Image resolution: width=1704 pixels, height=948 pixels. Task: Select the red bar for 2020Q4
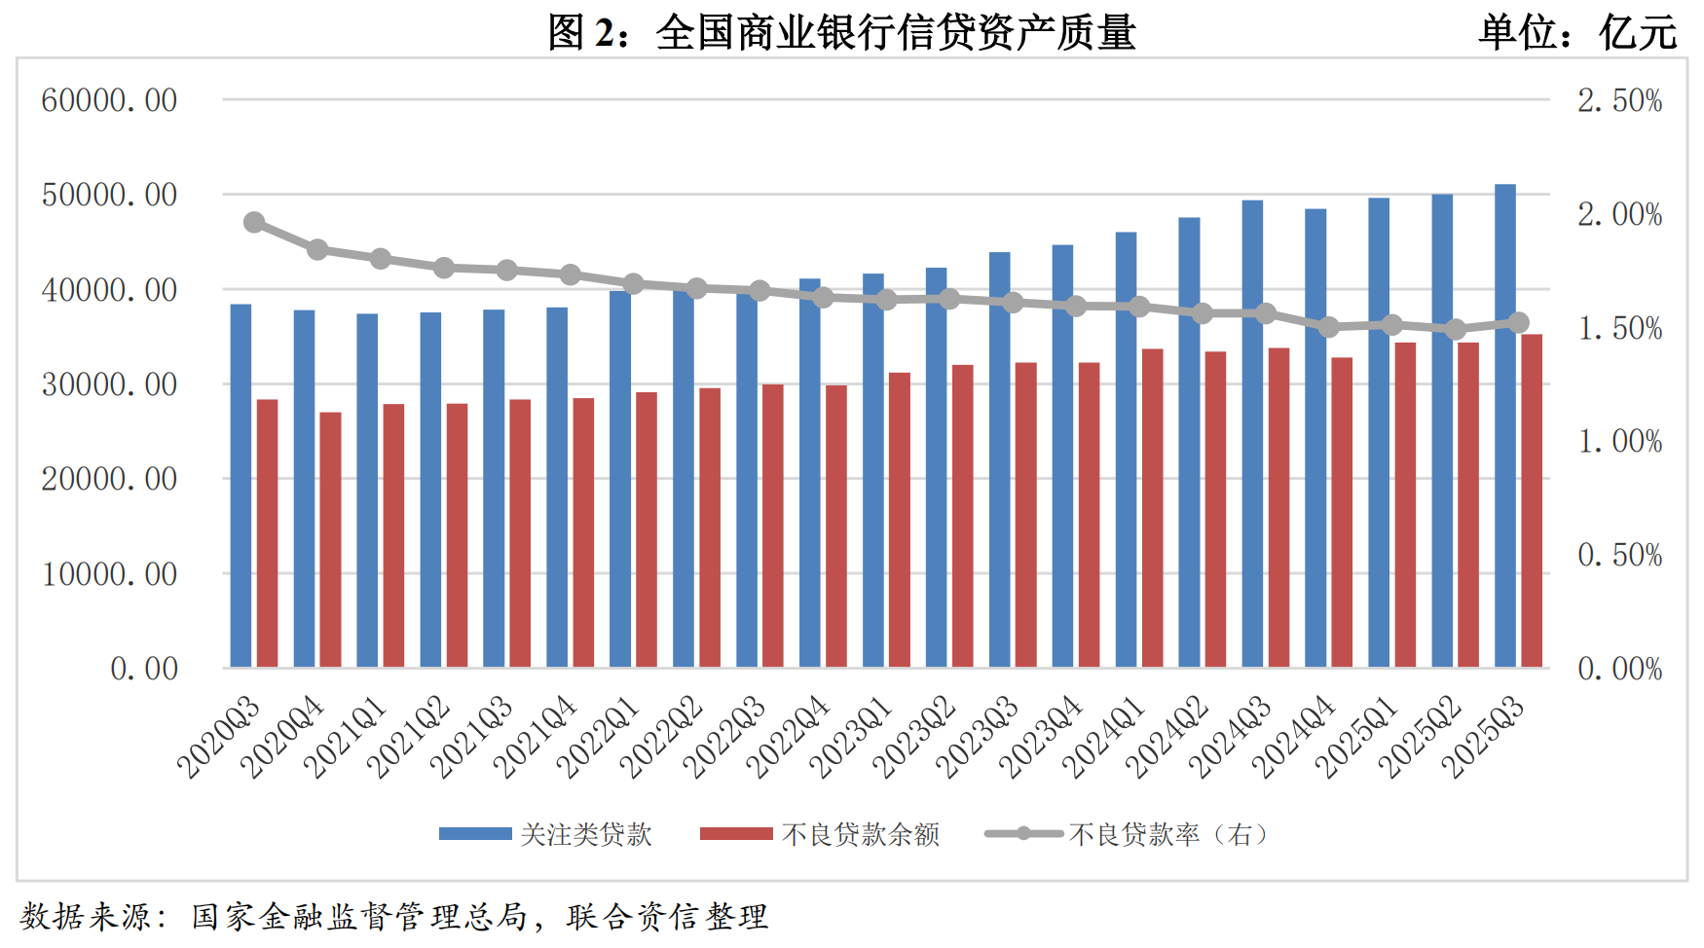330,539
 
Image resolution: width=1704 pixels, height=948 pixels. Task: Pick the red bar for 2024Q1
1152,507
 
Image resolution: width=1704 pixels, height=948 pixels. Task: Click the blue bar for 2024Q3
1252,433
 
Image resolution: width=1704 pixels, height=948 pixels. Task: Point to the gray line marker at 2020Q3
254,222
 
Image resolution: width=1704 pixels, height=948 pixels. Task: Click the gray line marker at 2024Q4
1328,327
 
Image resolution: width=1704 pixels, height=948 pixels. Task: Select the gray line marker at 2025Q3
1518,323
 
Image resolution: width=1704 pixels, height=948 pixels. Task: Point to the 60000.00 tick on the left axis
109,100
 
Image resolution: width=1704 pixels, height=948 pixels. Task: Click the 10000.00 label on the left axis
109,574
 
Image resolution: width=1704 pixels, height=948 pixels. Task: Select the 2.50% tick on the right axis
1619,100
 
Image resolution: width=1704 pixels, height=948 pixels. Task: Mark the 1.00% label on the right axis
1619,442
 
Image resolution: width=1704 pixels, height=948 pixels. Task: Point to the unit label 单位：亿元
1577,32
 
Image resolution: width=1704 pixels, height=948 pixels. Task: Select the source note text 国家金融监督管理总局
359,917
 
